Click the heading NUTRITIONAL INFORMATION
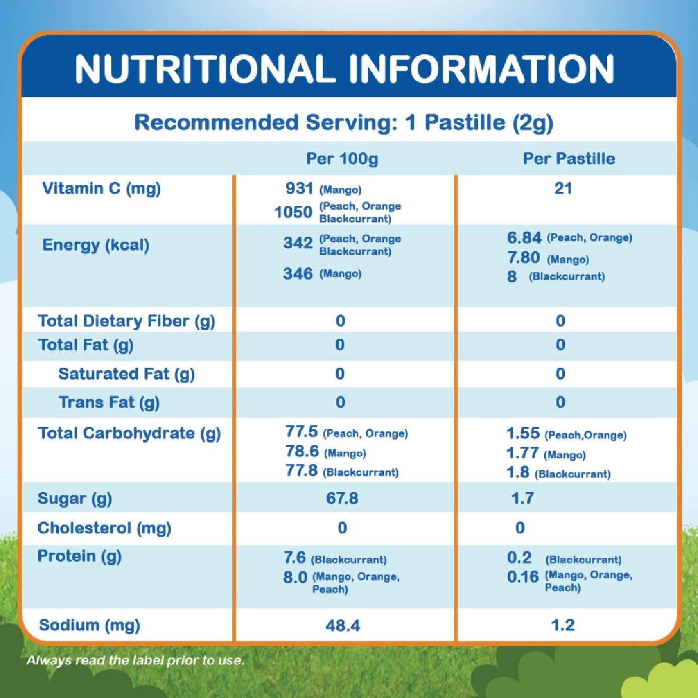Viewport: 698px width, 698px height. (x=345, y=69)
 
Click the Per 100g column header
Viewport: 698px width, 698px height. (x=342, y=159)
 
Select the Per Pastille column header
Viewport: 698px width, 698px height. (x=569, y=159)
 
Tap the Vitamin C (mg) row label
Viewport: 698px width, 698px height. (x=102, y=188)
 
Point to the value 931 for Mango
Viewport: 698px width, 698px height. (x=299, y=188)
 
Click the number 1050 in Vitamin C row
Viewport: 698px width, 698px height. (x=293, y=212)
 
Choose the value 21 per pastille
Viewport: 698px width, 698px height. (x=563, y=188)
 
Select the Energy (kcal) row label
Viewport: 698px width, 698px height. (x=96, y=245)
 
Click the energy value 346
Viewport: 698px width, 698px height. (x=298, y=274)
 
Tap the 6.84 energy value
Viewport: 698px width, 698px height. (x=524, y=238)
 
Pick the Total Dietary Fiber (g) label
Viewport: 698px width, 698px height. (x=127, y=321)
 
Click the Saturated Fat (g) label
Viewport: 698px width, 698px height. (x=127, y=374)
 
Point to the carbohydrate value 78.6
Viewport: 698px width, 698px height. (x=302, y=452)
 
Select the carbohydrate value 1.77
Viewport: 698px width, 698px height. (x=522, y=453)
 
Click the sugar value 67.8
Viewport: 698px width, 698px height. (x=342, y=498)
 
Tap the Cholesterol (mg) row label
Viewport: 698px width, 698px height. (x=105, y=528)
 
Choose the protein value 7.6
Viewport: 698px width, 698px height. (x=294, y=558)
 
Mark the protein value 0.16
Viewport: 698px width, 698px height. (x=523, y=577)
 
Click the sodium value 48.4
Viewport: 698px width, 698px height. (x=343, y=626)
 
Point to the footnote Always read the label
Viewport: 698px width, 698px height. (x=135, y=660)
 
